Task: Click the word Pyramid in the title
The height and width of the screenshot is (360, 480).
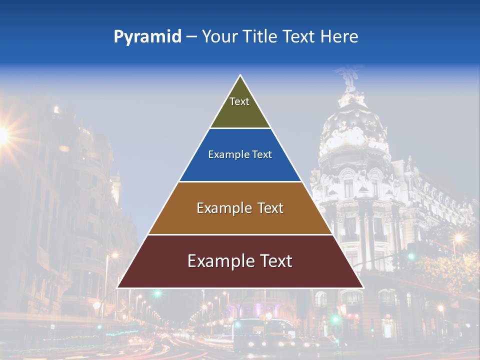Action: point(147,36)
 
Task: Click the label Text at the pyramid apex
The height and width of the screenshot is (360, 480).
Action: point(239,101)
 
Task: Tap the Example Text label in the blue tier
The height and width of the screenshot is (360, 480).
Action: point(240,154)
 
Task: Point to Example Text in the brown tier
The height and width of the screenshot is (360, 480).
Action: point(240,208)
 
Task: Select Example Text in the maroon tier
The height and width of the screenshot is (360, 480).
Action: point(240,261)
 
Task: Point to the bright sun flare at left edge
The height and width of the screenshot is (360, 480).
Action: point(2,134)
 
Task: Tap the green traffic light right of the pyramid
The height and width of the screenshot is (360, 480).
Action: point(411,256)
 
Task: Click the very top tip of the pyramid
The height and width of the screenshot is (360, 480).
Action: point(240,76)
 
